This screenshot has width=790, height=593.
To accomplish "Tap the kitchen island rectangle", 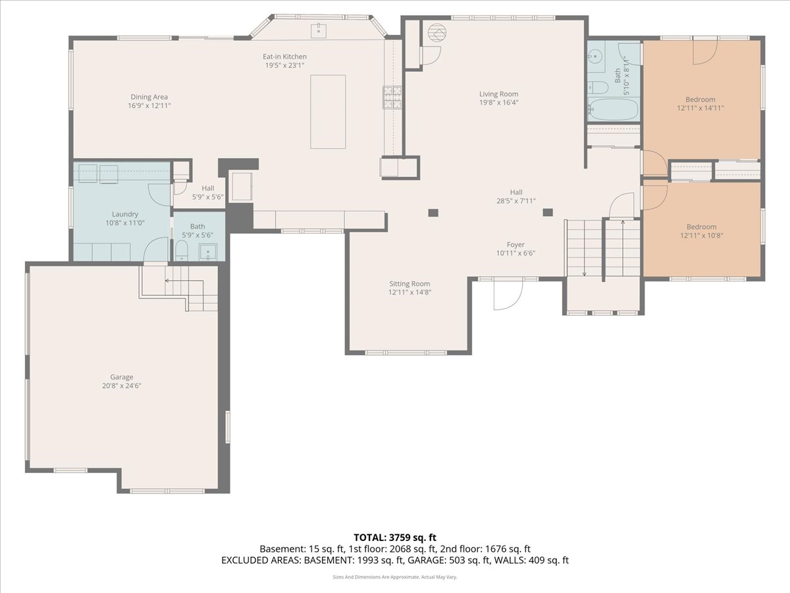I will (x=328, y=111).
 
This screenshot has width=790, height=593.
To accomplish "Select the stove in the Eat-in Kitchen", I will (x=393, y=98).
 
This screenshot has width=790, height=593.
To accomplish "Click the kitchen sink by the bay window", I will (x=319, y=30).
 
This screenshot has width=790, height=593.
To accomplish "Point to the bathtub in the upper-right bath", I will (x=613, y=109).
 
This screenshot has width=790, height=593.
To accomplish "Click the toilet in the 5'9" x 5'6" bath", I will (x=182, y=251).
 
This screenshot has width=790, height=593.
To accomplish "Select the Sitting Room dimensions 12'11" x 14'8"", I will (x=409, y=292).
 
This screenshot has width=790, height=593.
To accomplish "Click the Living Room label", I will (x=498, y=94).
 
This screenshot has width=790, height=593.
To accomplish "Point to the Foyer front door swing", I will (x=508, y=294).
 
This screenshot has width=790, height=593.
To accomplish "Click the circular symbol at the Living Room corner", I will (x=437, y=32).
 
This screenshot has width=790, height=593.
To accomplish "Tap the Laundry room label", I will (x=125, y=214).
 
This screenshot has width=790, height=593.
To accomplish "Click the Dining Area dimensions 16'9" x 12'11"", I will (x=149, y=105).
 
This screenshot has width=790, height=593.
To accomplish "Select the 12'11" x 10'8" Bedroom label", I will (x=701, y=227).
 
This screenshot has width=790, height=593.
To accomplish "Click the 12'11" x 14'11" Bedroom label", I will (x=700, y=99).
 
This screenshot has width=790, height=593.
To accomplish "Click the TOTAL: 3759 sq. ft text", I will (x=395, y=538).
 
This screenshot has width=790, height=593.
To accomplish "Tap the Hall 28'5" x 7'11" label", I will (x=515, y=192).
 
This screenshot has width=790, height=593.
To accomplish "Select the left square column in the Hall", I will (x=433, y=212).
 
